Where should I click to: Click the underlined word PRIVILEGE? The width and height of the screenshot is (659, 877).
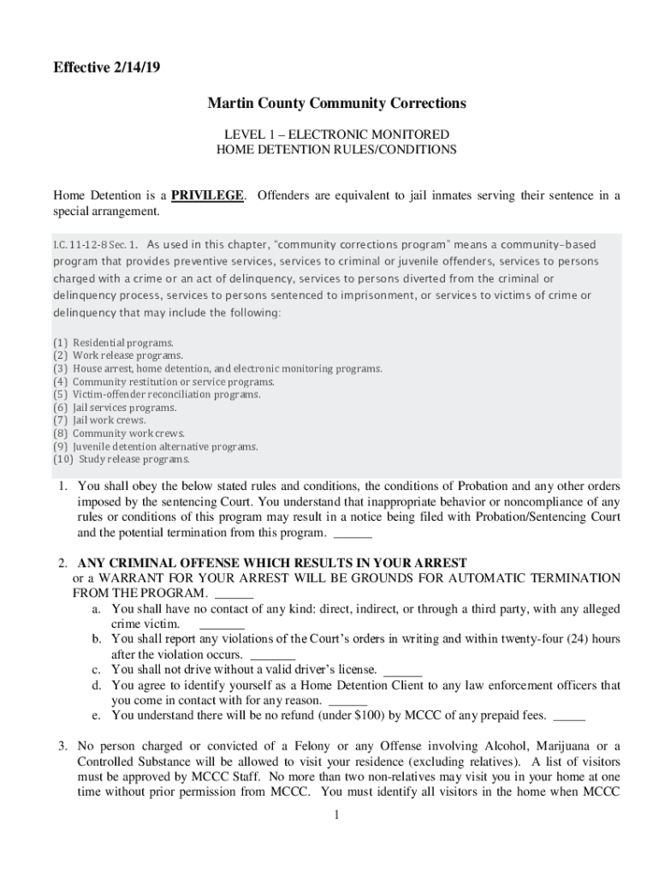tap(207, 195)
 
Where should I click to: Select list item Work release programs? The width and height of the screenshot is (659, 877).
tap(128, 355)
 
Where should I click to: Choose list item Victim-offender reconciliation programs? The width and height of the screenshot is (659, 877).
tap(166, 395)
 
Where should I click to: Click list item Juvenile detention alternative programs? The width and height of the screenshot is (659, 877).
tap(164, 446)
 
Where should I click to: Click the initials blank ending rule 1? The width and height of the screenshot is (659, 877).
tap(352, 534)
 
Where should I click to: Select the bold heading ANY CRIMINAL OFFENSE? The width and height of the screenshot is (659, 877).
tap(272, 563)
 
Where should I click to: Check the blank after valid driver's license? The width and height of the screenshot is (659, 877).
tap(403, 671)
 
